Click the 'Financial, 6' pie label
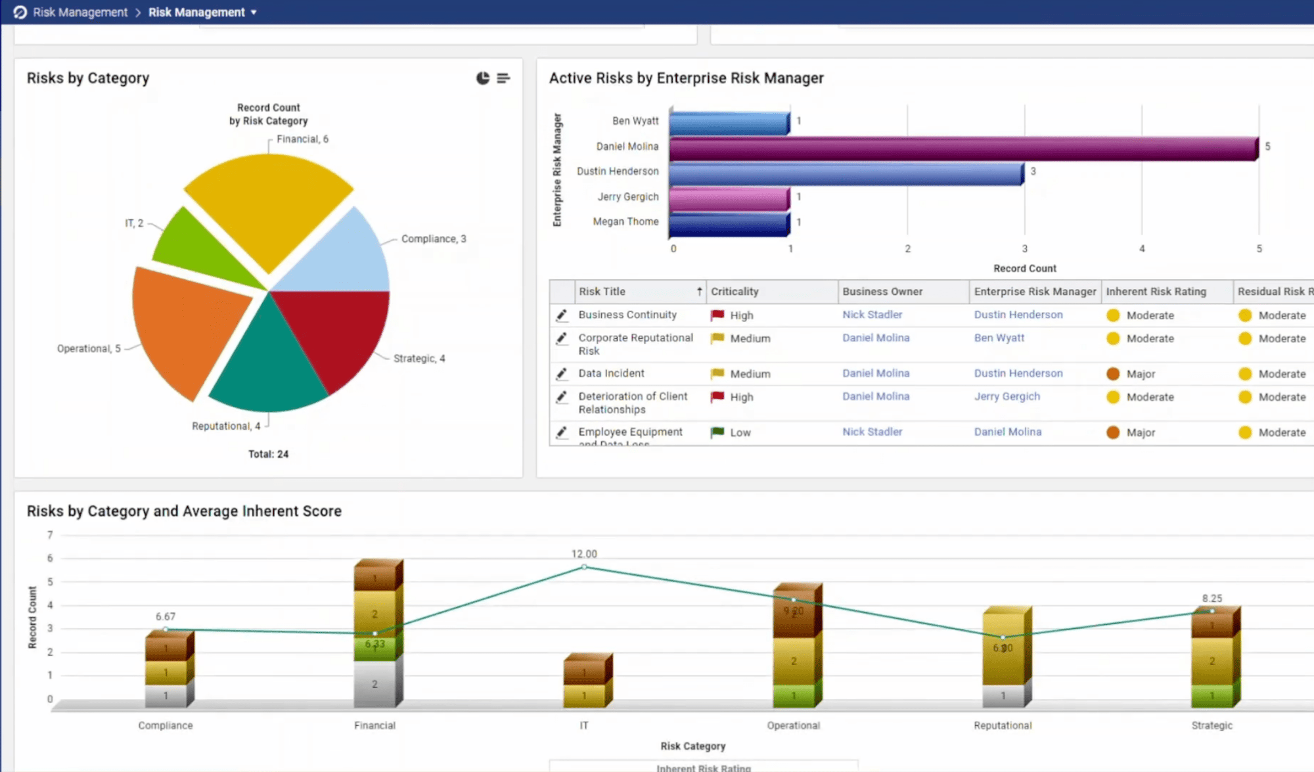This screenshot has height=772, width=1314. point(302,139)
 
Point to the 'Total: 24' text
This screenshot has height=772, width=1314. point(268,454)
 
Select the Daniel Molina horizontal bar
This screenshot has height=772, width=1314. point(963,148)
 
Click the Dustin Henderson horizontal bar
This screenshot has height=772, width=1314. point(846,174)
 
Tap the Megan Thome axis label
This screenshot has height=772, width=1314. point(625,222)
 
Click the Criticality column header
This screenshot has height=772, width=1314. point(735,292)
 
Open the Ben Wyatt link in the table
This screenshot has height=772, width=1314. point(999,338)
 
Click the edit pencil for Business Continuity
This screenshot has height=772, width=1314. point(562,315)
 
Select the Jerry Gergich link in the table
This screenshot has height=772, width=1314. point(1007,396)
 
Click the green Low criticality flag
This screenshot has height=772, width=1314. point(717,432)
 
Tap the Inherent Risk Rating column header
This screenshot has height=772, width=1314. point(1156,292)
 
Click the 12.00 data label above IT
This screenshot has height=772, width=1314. point(584,554)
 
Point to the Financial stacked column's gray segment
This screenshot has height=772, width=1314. point(374,683)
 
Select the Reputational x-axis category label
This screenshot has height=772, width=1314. point(1003,725)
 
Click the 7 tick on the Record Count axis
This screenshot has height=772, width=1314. point(50,535)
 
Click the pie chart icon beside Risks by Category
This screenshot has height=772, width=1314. point(483,78)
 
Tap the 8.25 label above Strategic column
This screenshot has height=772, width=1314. point(1212,599)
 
